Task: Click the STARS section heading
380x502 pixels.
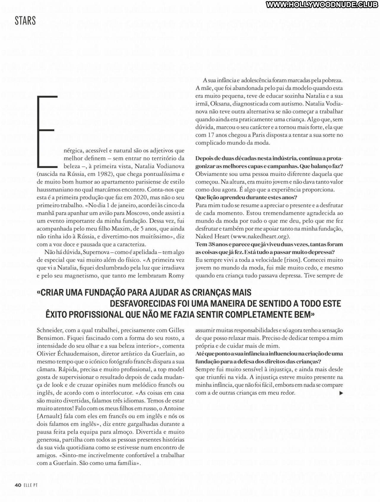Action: [x=25, y=21]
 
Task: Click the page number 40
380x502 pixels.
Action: [x=18, y=485]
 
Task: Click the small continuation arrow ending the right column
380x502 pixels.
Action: [x=341, y=393]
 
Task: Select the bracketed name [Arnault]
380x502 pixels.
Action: [x=50, y=416]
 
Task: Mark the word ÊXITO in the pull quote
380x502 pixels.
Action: [x=58, y=314]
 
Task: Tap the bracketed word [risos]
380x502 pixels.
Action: [x=289, y=260]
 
